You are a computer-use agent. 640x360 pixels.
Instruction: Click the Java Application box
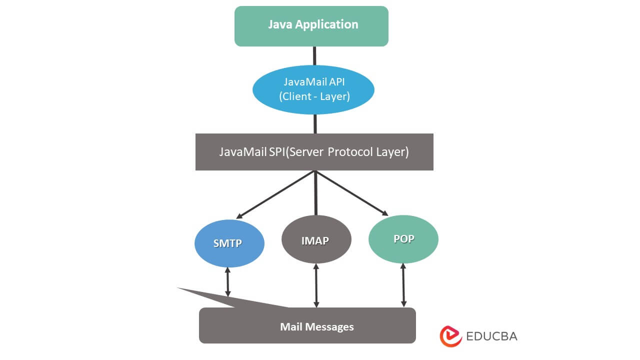[311, 26]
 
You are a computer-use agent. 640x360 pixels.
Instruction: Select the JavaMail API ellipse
[313, 89]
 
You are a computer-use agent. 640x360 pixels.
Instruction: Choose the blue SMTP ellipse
[228, 243]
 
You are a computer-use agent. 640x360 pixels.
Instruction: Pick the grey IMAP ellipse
[316, 240]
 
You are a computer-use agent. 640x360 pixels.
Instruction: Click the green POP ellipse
[403, 238]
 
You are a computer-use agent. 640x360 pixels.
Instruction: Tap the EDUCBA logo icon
[450, 336]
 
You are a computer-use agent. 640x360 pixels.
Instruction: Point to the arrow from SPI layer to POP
[352, 193]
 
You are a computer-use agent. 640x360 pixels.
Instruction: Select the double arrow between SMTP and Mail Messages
[228, 281]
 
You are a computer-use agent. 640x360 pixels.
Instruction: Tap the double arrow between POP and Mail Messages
[403, 284]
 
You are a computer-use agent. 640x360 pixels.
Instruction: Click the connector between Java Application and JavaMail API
[314, 55]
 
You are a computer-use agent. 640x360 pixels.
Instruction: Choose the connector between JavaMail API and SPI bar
[315, 123]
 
